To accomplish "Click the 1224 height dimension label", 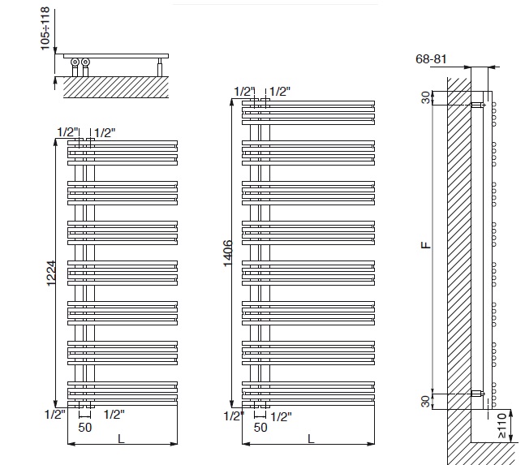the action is point(51,273).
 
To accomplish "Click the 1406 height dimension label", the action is point(227,253).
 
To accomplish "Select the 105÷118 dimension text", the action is point(45,28).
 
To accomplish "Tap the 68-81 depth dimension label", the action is point(431,59).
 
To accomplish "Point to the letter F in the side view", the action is point(426,245).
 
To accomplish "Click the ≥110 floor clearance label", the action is point(502,426).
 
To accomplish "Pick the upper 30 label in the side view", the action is point(425,97).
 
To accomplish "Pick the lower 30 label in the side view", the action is point(425,401).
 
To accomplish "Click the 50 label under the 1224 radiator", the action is point(85,428).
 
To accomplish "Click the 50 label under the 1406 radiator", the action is point(260,428).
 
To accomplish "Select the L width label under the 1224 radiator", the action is point(121,438).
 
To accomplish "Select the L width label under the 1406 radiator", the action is point(311,438).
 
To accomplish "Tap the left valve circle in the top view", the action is point(75,62).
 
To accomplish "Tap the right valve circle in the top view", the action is point(85,62).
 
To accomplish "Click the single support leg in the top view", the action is point(160,67).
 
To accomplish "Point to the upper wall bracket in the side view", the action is point(477,105).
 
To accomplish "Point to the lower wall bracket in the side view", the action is point(477,394).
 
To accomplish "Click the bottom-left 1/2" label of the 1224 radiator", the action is point(55,415).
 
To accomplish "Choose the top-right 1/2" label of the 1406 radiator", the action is point(280,92).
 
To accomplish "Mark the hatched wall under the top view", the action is point(116,87).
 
